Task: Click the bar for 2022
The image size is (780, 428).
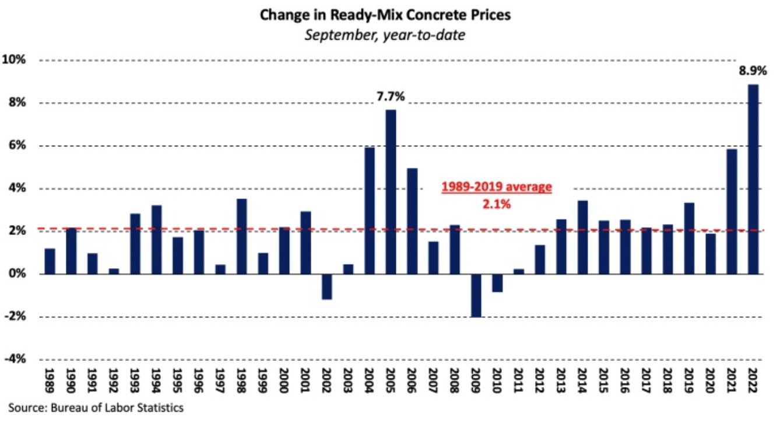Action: (754, 180)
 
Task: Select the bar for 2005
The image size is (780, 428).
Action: (391, 192)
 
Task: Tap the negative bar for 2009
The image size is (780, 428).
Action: (476, 296)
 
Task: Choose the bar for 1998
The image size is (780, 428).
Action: (241, 237)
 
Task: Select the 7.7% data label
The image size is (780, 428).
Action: (390, 97)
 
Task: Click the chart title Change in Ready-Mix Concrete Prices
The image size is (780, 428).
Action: (385, 15)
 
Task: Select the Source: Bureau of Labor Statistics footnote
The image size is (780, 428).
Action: (96, 408)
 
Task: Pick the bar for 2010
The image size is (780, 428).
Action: (497, 283)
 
